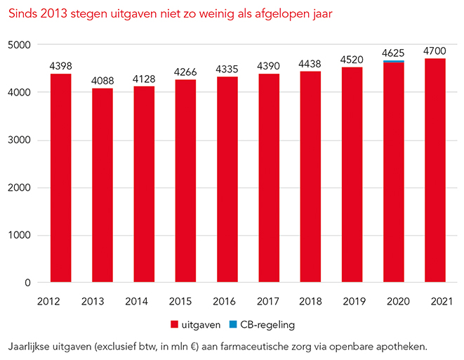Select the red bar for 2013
click(x=102, y=185)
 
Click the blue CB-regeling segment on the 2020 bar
click(x=394, y=62)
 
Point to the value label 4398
click(x=61, y=66)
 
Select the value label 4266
click(x=186, y=72)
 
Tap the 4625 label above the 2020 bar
click(x=394, y=53)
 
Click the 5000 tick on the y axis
click(x=20, y=45)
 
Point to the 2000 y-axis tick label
click(x=20, y=188)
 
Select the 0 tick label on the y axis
click(x=28, y=284)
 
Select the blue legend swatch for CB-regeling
click(x=235, y=325)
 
